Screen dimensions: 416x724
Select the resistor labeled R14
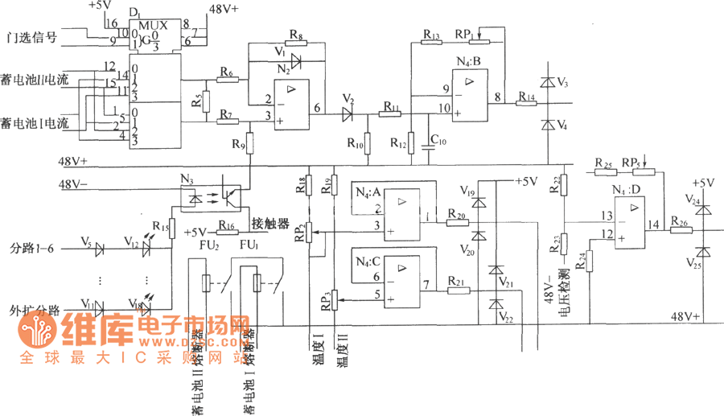pyautogui.click(x=527, y=104)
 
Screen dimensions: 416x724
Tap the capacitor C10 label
pyautogui.click(x=438, y=142)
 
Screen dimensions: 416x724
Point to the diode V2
pyautogui.click(x=348, y=114)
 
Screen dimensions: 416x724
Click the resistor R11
pyautogui.click(x=390, y=114)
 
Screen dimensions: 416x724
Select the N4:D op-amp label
pyautogui.click(x=627, y=190)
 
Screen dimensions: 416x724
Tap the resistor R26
pyautogui.click(x=679, y=229)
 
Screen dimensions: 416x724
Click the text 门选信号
pyautogui.click(x=31, y=37)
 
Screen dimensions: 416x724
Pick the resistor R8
pyautogui.click(x=296, y=41)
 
